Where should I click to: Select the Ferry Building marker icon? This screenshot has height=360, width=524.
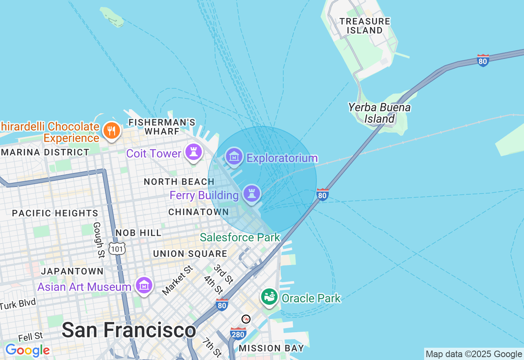pos(251,194)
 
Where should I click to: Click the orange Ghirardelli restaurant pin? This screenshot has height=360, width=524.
pos(111,131)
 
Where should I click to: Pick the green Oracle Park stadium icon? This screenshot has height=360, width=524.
pos(269,297)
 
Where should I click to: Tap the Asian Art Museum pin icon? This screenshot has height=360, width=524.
pos(144,286)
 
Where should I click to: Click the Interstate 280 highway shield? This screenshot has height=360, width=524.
pos(238,334)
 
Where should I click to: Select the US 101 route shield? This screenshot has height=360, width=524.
pos(117,248)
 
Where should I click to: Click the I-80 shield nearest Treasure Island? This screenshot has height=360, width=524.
pos(483,61)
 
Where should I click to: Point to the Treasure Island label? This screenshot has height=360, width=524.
pos(365,26)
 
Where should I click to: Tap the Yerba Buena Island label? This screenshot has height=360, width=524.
pos(379,113)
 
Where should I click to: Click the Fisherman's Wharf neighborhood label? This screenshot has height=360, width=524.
pos(162,126)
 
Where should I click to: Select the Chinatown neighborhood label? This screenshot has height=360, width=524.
pos(199,212)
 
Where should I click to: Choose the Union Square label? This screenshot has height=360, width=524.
pos(190,254)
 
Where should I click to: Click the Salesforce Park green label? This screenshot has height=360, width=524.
pos(240,237)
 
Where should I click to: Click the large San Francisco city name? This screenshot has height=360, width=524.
pos(129,330)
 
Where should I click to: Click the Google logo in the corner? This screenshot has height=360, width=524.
pos(27,351)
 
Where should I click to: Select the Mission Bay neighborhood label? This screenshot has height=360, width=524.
pos(271,348)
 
